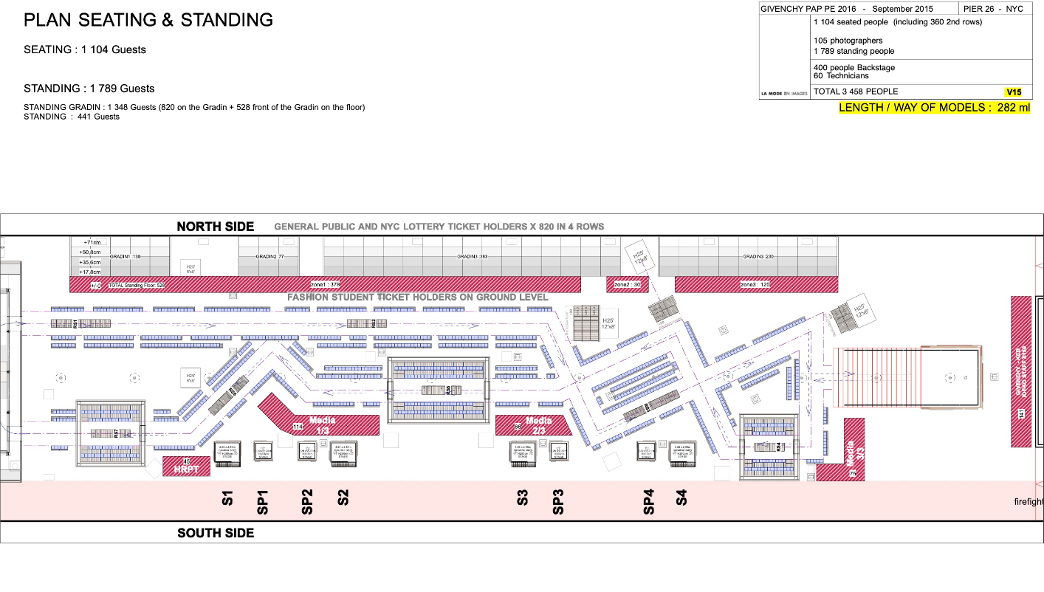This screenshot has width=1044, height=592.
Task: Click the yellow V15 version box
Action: (1014, 92)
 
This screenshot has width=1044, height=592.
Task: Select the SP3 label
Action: (558, 501)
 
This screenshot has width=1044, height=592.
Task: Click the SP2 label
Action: (307, 501)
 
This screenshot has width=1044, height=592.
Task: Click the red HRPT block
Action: (181, 467)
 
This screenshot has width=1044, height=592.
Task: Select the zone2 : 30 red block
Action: (622, 284)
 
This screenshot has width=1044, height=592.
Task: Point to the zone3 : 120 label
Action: (755, 284)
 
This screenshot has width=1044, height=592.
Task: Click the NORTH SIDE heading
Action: (215, 227)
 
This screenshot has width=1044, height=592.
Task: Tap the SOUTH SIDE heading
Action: (216, 533)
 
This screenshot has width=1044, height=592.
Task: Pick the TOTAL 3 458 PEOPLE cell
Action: (856, 92)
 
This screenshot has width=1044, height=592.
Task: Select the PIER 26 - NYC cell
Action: (995, 9)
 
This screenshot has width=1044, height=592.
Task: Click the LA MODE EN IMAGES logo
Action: (784, 94)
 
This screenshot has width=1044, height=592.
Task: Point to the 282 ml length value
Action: (1014, 108)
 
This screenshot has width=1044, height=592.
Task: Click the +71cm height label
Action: (92, 242)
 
